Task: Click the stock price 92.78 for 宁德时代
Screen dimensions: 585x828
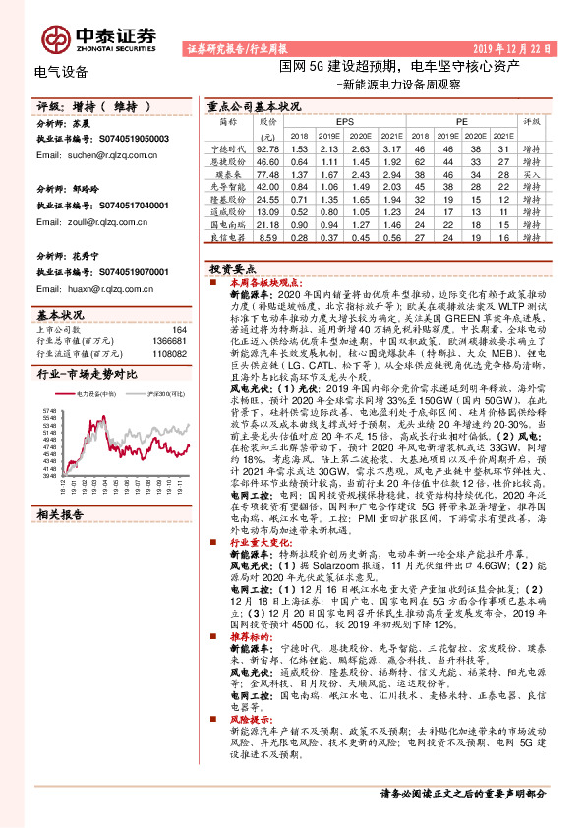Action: pyautogui.click(x=267, y=148)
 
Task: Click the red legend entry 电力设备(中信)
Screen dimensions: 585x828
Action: pyautogui.click(x=101, y=392)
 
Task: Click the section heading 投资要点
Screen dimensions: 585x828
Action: pyautogui.click(x=233, y=267)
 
